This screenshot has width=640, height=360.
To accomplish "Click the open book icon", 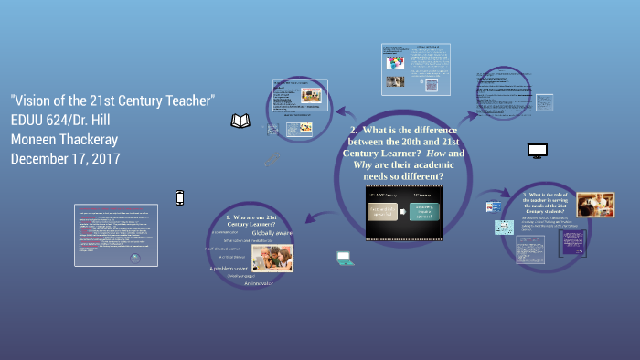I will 240,121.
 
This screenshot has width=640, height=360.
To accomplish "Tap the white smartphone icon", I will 180,197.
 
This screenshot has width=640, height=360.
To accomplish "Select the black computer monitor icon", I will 537,150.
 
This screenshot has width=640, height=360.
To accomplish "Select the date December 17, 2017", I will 65,159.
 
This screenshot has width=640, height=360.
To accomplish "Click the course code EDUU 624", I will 42,119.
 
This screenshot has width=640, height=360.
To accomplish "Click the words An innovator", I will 259,284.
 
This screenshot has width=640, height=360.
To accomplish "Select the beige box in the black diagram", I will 389,211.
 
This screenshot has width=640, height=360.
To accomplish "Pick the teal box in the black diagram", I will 425,211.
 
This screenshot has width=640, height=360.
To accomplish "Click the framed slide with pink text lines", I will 115,235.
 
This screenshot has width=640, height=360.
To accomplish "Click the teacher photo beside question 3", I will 595,205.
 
